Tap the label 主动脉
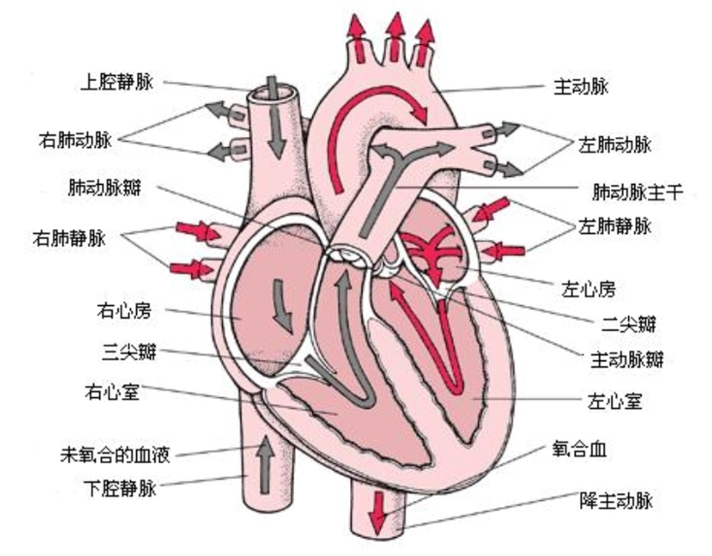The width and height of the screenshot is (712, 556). [580, 88]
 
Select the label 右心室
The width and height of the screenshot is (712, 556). [110, 393]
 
